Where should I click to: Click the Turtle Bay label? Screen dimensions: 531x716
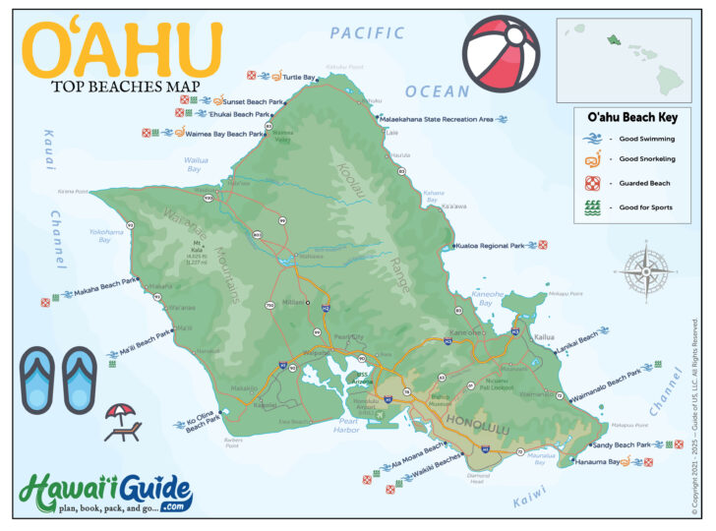300,77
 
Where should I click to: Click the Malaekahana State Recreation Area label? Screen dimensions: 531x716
438,119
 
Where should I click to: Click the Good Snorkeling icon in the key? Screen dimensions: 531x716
592,159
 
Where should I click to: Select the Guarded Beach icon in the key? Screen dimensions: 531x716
592,184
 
